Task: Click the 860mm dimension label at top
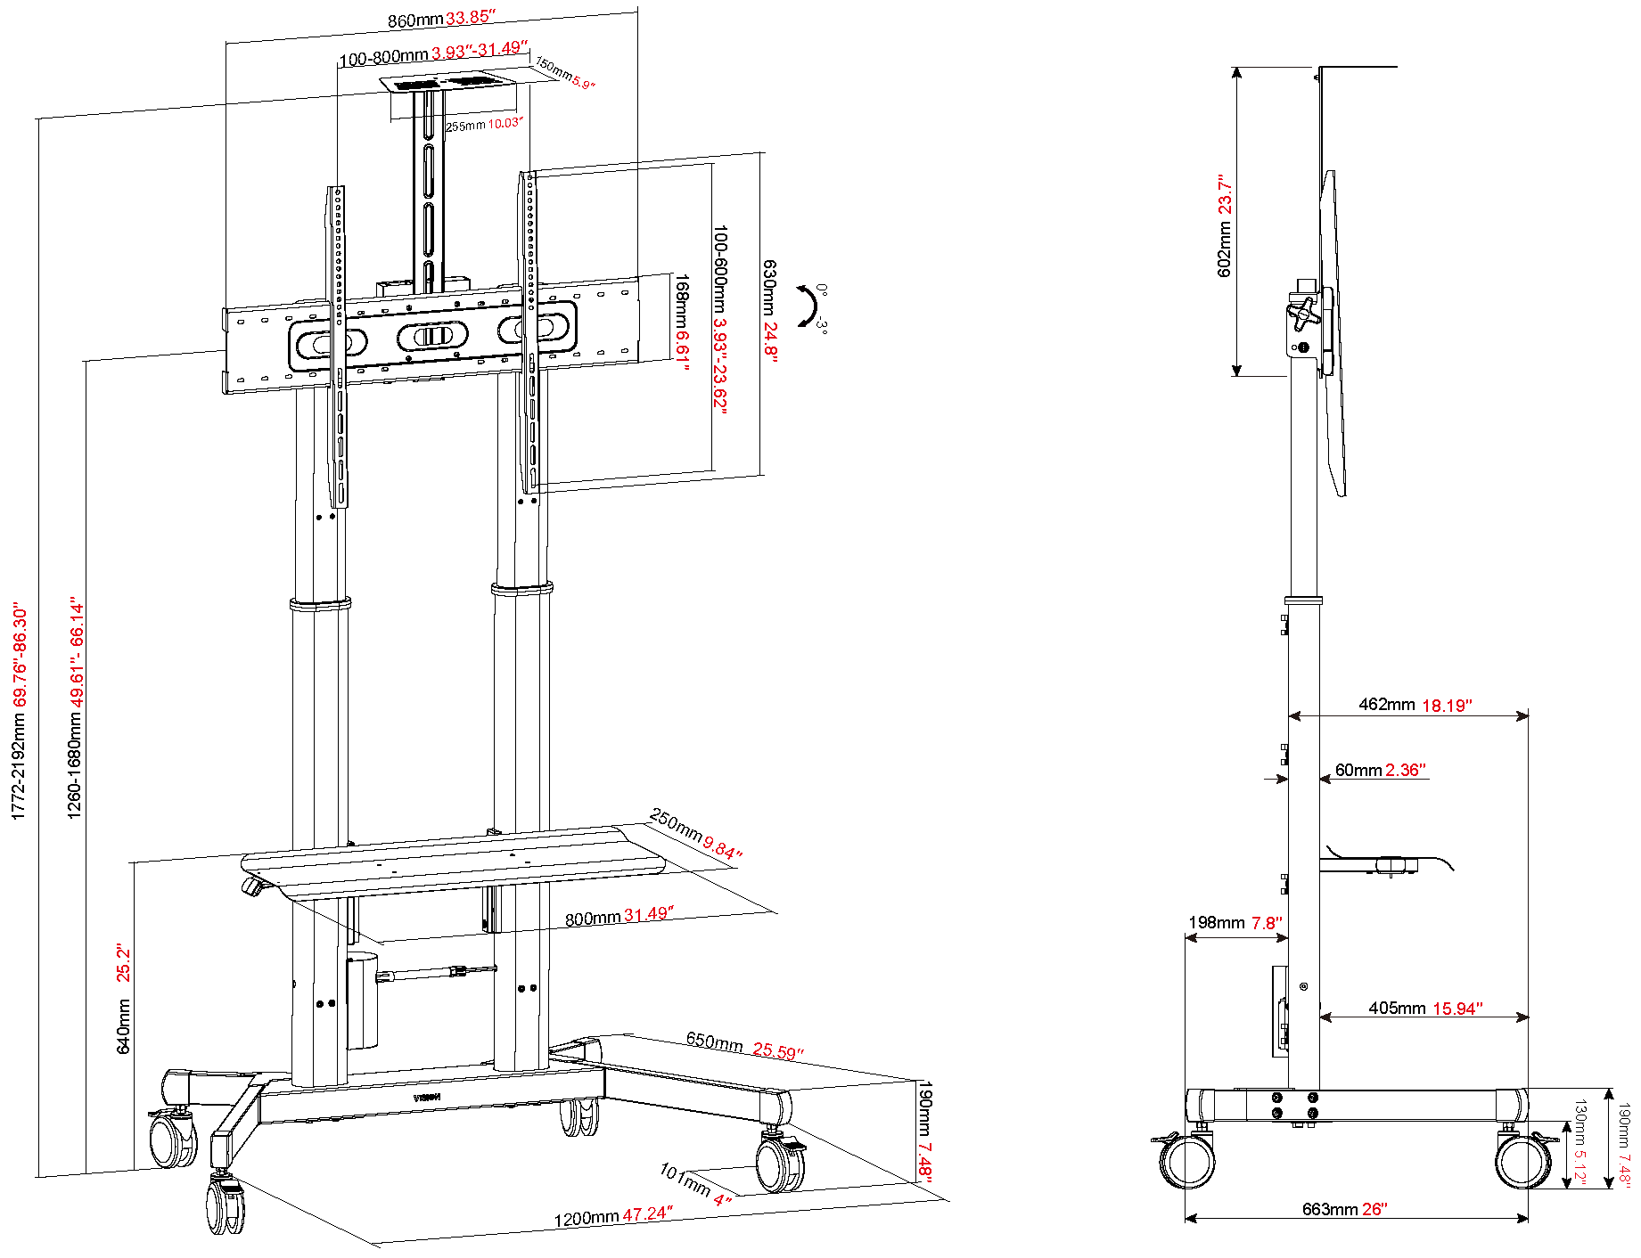(x=440, y=19)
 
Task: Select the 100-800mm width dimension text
(x=433, y=53)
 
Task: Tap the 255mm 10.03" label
(x=484, y=125)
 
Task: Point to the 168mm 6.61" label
(x=681, y=322)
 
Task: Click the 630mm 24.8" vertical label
(x=769, y=311)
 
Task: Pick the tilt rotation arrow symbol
(x=808, y=306)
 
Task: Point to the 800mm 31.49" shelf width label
(x=619, y=916)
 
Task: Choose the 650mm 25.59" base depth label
(x=744, y=1045)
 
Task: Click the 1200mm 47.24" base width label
(x=612, y=1216)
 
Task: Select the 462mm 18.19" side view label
(x=1415, y=705)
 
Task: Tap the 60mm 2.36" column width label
(x=1380, y=770)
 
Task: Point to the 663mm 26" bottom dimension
(x=1344, y=1209)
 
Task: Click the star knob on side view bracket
(x=1302, y=312)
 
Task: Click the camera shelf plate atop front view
(x=449, y=83)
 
